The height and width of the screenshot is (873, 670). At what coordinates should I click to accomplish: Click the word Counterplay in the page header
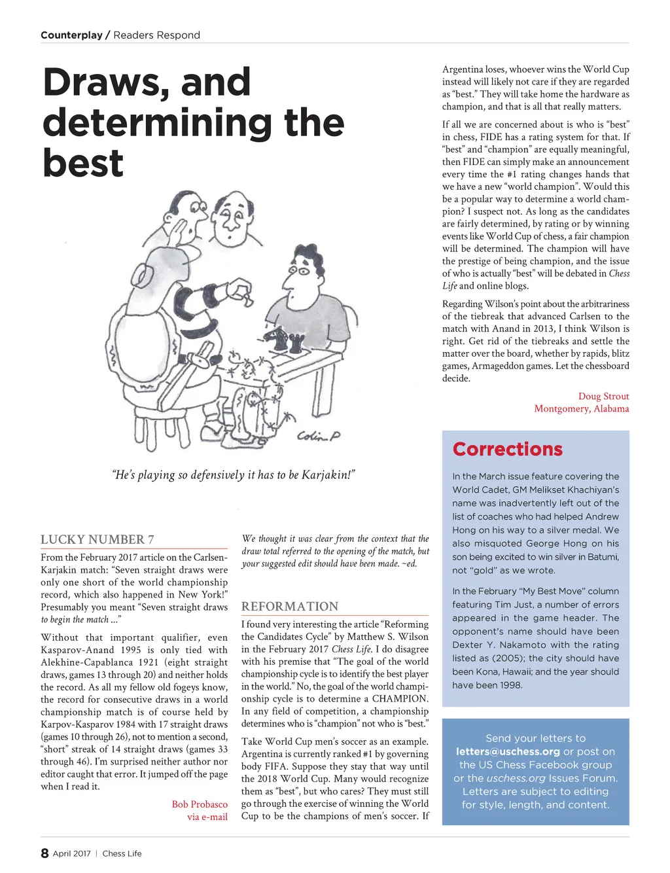(x=71, y=35)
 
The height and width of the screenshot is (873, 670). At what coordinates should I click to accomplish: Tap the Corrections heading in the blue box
(x=507, y=449)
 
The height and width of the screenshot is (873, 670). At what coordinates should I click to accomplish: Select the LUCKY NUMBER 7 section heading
(x=97, y=539)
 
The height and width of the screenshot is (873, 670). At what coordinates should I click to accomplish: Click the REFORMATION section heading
(x=290, y=607)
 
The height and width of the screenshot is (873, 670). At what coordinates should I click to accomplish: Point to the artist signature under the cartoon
(x=319, y=436)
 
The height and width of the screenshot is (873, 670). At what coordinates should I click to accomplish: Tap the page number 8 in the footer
(x=44, y=853)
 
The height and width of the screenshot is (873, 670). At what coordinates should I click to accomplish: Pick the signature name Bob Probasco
(x=200, y=804)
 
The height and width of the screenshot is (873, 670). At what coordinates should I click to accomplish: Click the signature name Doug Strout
(x=603, y=396)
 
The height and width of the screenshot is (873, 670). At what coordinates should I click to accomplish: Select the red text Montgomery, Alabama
(x=581, y=408)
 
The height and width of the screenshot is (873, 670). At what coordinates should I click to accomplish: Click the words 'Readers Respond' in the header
(x=156, y=35)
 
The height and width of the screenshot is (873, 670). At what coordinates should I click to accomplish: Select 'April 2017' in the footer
(x=71, y=853)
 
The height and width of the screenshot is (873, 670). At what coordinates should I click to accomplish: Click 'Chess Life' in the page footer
(x=122, y=853)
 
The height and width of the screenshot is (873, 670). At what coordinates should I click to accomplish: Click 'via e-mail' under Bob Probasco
(x=207, y=817)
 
